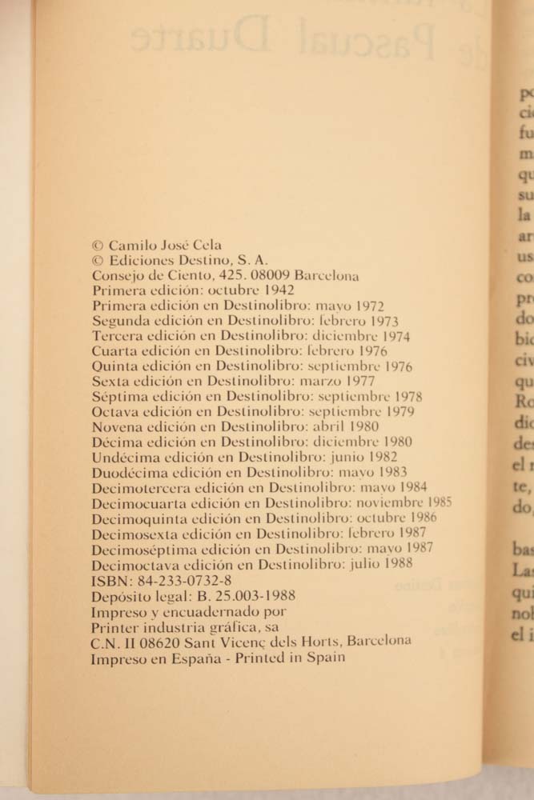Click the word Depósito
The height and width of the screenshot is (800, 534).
pyautogui.click(x=119, y=595)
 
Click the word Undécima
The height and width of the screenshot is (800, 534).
pyautogui.click(x=124, y=458)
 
